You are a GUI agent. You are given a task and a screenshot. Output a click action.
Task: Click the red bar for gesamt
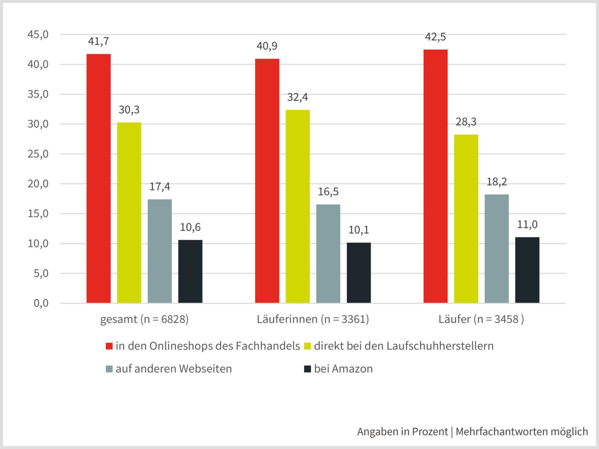[98, 178]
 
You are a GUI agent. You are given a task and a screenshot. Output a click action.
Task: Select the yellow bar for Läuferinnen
[297, 206]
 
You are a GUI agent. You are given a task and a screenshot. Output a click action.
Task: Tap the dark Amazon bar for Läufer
[527, 270]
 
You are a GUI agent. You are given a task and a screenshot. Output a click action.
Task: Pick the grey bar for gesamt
[159, 251]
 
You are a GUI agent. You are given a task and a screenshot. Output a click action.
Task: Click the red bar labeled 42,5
[435, 176]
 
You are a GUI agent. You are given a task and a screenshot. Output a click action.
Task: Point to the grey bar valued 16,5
[328, 254]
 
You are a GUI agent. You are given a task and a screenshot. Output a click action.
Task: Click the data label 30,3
[129, 110]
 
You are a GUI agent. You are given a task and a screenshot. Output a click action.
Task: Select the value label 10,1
[359, 230]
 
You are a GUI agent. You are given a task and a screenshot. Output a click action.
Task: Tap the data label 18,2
[496, 182]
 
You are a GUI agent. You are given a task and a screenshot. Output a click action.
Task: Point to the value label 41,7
[98, 42]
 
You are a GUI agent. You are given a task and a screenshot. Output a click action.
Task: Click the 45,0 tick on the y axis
[38, 35]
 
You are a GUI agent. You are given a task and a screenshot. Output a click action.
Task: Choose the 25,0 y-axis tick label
[38, 154]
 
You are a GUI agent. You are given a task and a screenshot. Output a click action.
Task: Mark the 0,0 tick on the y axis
[41, 303]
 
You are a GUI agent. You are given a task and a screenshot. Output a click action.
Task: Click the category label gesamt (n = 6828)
[144, 319]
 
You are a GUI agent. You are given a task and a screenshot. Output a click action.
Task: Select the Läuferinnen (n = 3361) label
[313, 319]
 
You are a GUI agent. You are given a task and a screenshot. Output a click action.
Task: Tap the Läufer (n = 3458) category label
[481, 319]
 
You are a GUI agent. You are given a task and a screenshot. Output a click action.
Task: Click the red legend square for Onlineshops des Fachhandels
[109, 346]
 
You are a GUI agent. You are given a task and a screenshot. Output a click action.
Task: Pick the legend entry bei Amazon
[343, 369]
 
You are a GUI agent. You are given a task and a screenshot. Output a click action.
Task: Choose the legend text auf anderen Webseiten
[174, 369]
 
